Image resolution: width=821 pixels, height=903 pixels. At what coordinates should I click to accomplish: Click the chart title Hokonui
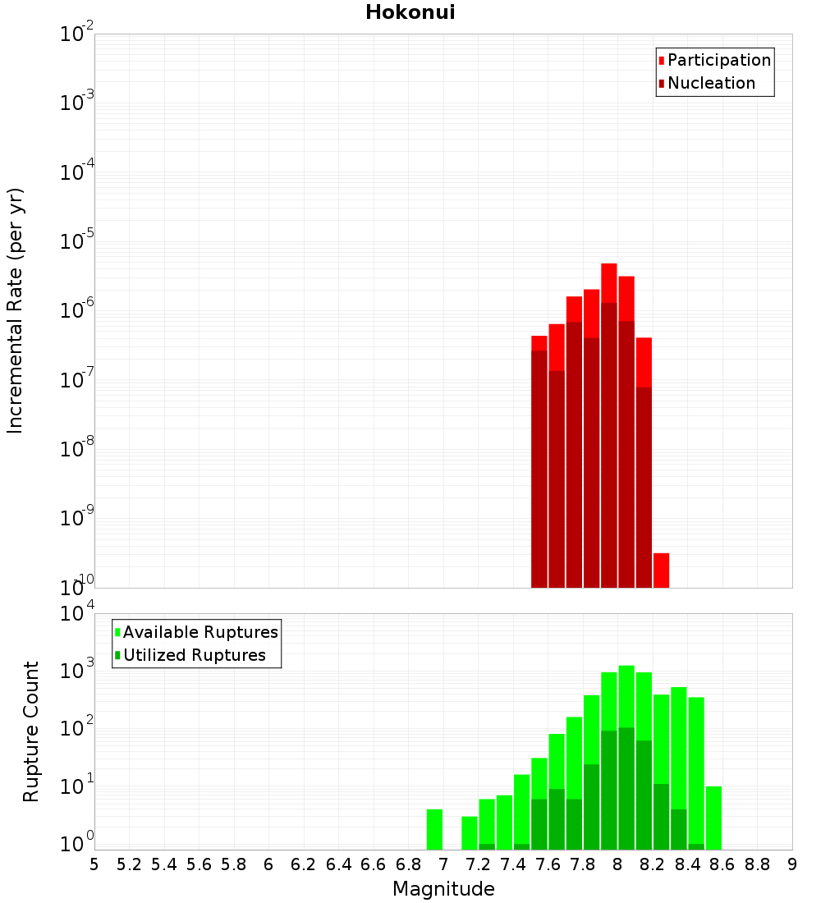point(410,12)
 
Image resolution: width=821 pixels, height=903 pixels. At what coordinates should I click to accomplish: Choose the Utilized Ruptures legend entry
point(194,655)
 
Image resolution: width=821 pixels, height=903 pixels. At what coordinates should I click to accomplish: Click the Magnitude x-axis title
point(443,889)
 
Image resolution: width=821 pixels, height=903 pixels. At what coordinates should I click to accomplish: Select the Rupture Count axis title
point(31,731)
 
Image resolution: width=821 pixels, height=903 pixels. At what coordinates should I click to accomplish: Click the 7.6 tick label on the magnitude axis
point(548,864)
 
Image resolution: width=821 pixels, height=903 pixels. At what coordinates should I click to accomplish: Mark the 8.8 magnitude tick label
point(757,864)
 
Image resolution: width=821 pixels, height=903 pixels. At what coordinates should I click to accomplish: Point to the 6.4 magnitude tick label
point(338,864)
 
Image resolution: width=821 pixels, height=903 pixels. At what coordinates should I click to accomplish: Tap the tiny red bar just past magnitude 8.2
point(661,570)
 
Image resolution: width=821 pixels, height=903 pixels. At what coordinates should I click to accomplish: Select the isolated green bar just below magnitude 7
point(434,829)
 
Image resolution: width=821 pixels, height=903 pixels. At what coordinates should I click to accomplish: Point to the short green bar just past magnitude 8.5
point(713,818)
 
